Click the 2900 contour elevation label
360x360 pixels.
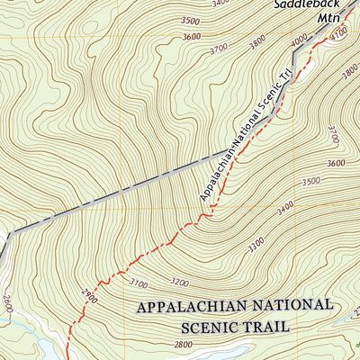pos(89,294)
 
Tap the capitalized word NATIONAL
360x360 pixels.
pos(290,306)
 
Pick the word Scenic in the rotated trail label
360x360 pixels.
pos(268,109)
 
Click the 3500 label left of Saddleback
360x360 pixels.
pos(190,20)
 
